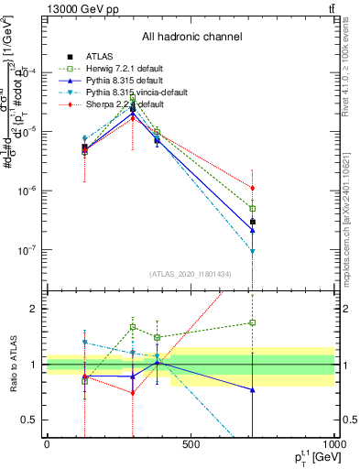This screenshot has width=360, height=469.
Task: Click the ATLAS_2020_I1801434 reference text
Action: click(191, 274)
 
